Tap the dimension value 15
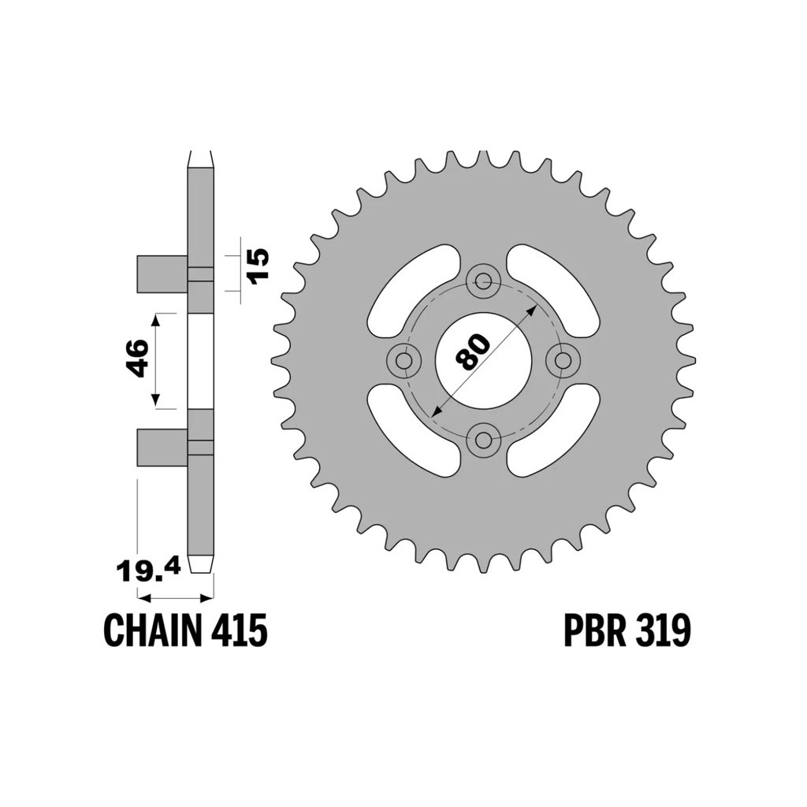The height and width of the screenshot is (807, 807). [258, 264]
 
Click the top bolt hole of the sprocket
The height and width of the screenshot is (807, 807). [483, 281]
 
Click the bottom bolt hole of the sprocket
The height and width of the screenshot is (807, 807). [483, 439]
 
